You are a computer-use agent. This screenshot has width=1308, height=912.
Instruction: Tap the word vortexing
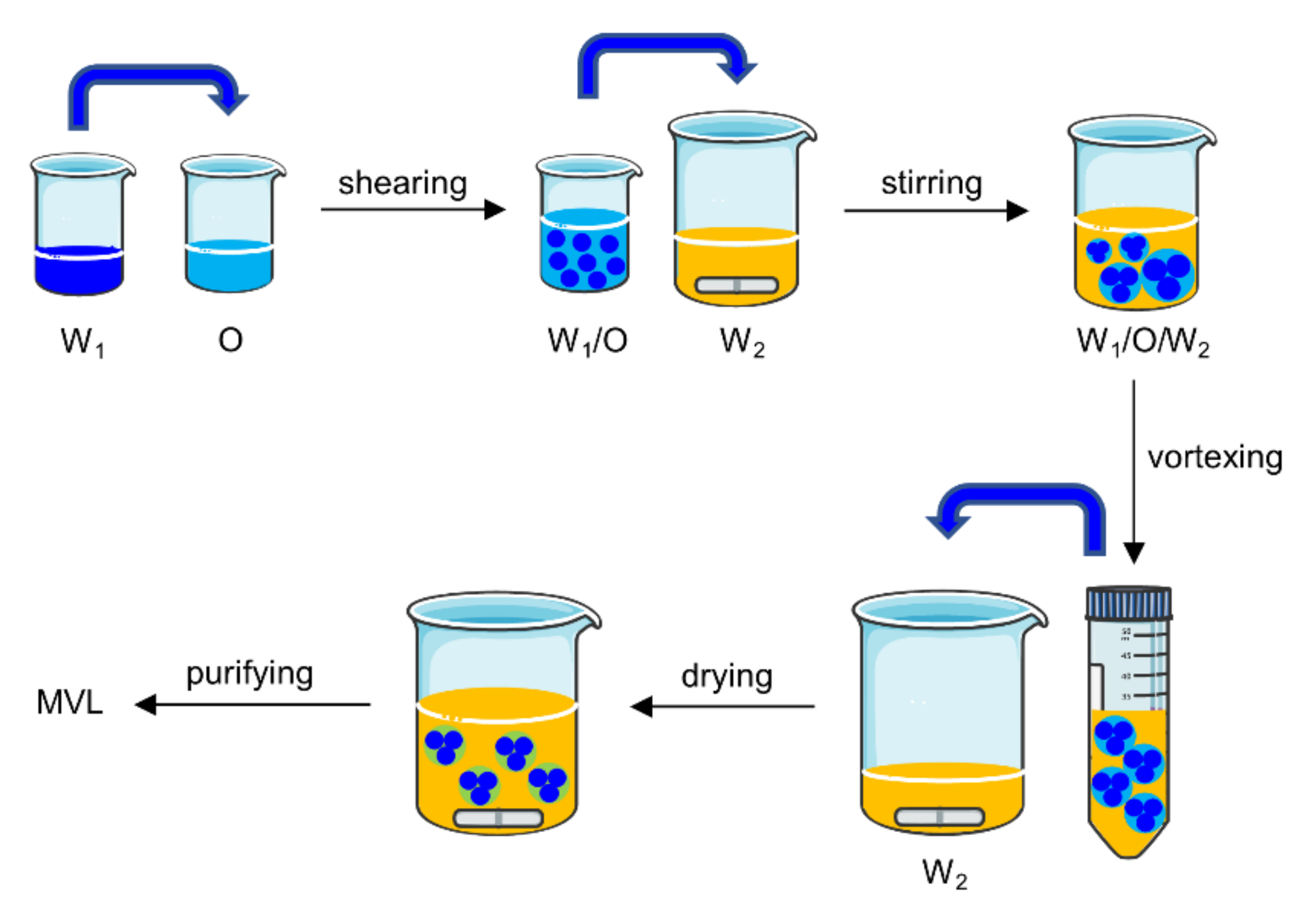click(x=1215, y=458)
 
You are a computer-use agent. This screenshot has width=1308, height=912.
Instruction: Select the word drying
click(x=727, y=677)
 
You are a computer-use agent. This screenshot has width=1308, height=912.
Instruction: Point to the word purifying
click(x=249, y=674)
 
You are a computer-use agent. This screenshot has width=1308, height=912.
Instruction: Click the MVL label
click(x=69, y=702)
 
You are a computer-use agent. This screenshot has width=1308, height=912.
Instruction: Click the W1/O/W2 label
click(x=1142, y=341)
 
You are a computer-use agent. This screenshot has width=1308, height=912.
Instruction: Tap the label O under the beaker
click(x=230, y=340)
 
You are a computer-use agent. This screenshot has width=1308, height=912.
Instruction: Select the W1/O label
click(x=587, y=341)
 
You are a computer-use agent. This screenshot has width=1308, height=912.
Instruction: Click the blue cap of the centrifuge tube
click(x=1128, y=603)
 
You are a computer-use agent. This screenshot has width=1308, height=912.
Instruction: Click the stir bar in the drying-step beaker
click(x=498, y=818)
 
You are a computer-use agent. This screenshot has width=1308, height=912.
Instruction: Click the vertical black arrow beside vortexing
click(x=1134, y=472)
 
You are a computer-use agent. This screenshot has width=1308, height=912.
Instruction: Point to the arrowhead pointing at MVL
click(x=146, y=704)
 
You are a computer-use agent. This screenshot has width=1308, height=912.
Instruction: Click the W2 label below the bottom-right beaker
click(x=944, y=873)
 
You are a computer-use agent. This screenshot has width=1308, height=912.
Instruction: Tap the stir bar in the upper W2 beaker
click(x=736, y=285)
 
